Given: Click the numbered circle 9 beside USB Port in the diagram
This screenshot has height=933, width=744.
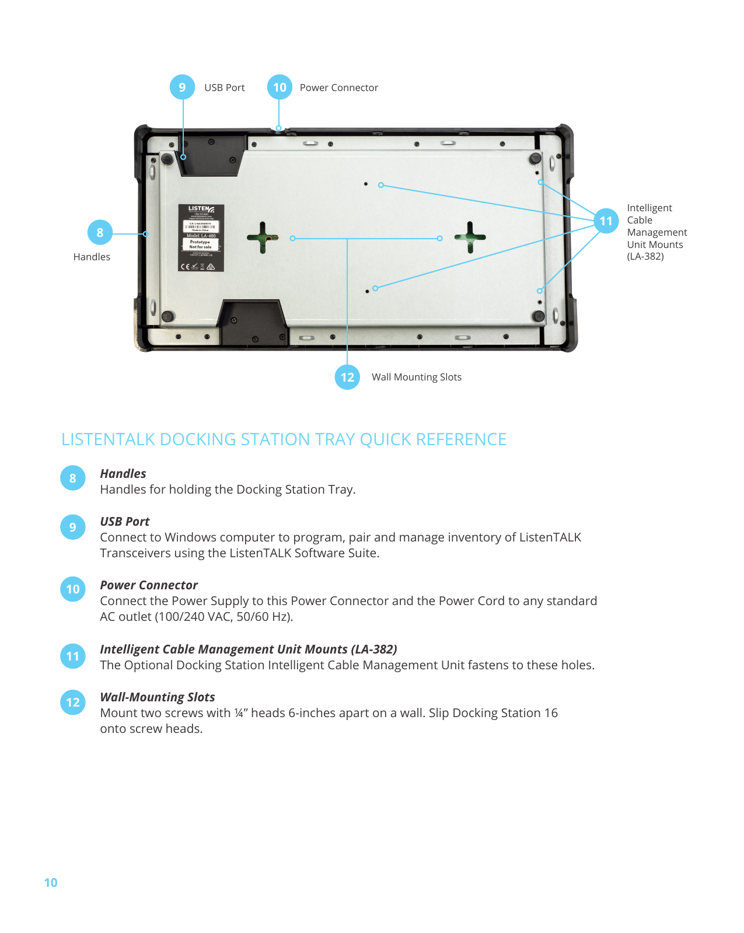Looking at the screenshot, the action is [183, 88].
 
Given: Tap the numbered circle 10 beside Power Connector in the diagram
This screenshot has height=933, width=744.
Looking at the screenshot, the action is [280, 88].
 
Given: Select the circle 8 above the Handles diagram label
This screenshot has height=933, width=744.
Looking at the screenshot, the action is [100, 233].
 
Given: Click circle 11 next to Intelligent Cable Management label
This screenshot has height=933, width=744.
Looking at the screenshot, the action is [606, 221].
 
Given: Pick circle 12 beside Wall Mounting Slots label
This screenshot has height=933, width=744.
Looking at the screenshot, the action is [347, 377].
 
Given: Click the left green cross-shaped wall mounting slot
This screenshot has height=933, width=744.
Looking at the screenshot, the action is [263, 237].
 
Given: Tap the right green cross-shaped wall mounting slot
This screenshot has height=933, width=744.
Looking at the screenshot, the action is [470, 237].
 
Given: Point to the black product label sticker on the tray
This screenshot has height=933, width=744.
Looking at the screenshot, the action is [201, 237].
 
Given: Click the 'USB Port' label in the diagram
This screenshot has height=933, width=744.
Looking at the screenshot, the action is [224, 88].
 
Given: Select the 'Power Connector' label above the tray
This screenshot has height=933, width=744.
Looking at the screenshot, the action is [338, 88].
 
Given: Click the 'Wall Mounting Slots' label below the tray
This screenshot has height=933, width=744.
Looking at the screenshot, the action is [416, 378].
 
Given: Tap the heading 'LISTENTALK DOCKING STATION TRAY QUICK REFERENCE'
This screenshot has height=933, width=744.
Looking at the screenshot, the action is [284, 439].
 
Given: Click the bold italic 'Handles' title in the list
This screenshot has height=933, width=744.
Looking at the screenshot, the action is [123, 474].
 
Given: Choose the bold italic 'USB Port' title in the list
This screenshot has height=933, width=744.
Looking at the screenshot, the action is [125, 522].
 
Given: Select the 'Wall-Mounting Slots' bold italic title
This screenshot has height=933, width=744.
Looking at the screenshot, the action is [158, 697].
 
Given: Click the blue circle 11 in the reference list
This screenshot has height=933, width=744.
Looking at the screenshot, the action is [73, 656].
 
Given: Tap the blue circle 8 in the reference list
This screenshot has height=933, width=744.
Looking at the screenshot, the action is [73, 478].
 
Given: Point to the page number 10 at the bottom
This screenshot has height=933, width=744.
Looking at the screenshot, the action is [51, 883].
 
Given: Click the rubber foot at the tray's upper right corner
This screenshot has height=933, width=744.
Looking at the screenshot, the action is [535, 158].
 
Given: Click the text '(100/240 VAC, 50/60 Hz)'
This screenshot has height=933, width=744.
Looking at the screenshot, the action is [223, 617].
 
